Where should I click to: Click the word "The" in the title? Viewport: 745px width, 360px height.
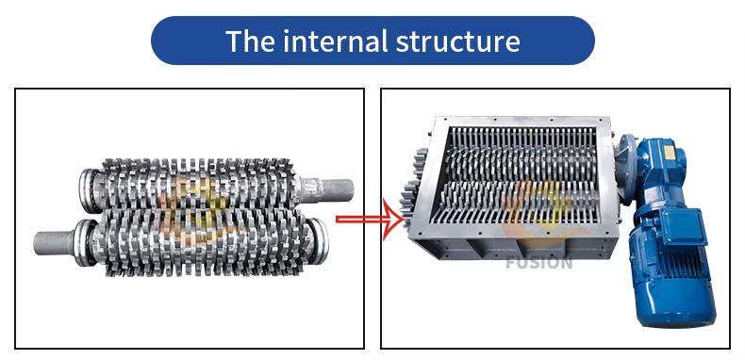(x=250, y=41)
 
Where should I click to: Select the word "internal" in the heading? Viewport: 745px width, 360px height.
(x=337, y=41)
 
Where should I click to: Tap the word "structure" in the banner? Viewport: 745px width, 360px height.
(x=458, y=41)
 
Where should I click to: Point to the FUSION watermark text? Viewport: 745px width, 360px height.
(x=538, y=263)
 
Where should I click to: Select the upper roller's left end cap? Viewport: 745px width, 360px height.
(x=90, y=190)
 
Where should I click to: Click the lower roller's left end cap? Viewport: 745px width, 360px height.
(x=84, y=243)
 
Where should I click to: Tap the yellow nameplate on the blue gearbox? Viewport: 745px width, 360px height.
(x=669, y=153)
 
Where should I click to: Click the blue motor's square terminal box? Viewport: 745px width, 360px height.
(x=680, y=226)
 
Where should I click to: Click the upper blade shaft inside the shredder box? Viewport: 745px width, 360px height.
(x=520, y=160)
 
